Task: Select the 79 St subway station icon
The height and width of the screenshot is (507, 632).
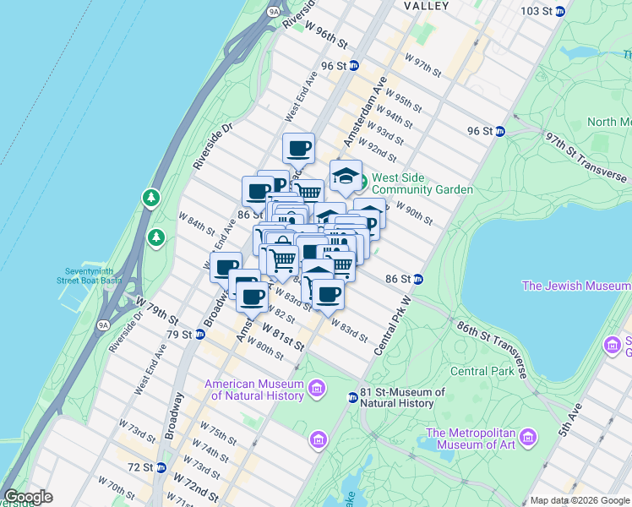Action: [199, 335]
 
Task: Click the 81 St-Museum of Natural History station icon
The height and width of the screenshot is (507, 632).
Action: [352, 397]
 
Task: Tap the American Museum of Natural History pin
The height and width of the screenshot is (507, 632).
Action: [316, 389]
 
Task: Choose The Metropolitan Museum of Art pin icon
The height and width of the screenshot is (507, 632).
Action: [529, 438]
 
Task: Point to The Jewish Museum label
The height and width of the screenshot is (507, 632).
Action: [576, 286]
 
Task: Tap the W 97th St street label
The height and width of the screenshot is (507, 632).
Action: [423, 65]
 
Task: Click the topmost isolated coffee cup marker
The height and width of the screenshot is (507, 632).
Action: [298, 149]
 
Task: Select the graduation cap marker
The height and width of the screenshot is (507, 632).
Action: [346, 175]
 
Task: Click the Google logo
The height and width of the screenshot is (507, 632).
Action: [28, 497]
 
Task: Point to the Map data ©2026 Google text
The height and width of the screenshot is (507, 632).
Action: [579, 500]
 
